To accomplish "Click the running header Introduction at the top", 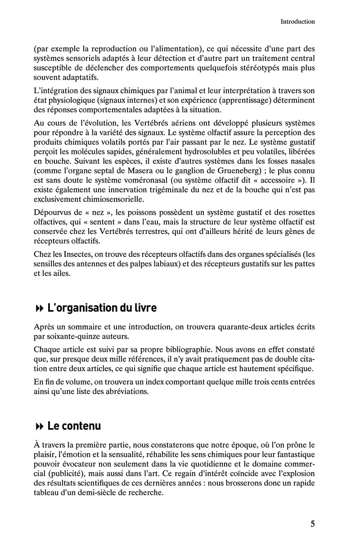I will (297, 21).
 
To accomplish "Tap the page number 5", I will (312, 523).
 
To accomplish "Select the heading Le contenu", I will (74, 426).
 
